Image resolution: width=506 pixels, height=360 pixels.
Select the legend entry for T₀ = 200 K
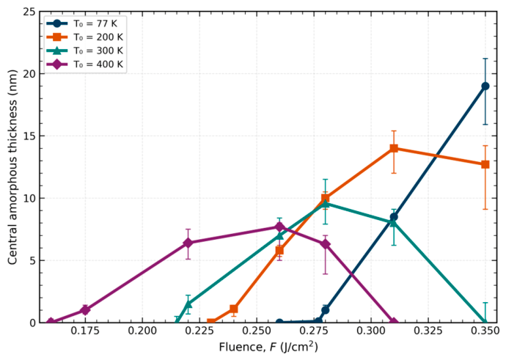(x=85, y=37)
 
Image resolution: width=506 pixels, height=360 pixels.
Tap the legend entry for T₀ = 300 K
(x=85, y=51)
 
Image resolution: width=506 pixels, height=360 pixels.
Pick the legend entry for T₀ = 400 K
(x=85, y=65)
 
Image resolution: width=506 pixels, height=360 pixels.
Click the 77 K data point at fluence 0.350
(x=485, y=86)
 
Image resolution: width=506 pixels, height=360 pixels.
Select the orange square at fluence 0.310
(x=394, y=148)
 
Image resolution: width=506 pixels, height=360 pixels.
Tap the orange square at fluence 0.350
(x=485, y=164)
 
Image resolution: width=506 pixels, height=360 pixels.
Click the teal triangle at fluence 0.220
(x=188, y=304)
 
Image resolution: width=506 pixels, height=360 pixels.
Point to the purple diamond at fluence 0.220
(x=188, y=243)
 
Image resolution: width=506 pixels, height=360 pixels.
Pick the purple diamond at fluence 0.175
(x=85, y=310)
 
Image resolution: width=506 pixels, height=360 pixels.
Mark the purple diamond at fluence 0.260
(x=279, y=227)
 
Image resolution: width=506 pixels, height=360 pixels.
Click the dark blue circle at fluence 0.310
(x=394, y=217)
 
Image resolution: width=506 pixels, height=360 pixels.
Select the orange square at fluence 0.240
(x=234, y=309)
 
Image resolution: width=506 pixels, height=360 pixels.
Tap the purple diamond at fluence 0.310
(x=394, y=322)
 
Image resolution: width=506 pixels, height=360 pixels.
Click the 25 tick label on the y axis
(x=29, y=12)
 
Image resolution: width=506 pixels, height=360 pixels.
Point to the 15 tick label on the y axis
(x=29, y=136)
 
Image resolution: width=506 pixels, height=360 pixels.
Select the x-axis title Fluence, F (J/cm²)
(x=268, y=347)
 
